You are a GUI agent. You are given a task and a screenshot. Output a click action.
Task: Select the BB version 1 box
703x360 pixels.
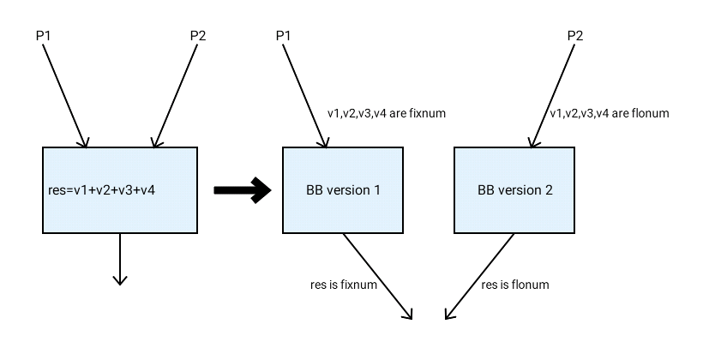point(343,189)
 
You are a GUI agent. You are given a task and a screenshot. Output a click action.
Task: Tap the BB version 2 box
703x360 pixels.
point(514,189)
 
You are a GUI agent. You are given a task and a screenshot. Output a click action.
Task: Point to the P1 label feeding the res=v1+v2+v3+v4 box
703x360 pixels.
point(44,36)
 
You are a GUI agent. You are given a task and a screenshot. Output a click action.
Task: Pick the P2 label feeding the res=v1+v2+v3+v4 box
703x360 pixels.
point(197,36)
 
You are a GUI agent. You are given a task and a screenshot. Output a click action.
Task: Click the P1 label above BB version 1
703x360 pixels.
point(284,36)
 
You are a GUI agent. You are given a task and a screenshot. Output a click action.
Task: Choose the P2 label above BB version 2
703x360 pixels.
point(576,36)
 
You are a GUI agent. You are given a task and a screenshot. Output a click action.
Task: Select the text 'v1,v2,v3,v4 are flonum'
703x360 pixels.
point(609,113)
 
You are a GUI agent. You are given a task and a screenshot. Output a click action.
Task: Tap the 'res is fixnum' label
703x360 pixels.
point(344,285)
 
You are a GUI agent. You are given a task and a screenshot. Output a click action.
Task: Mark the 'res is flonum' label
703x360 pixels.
point(514,285)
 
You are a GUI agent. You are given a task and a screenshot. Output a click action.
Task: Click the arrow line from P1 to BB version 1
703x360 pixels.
point(304,94)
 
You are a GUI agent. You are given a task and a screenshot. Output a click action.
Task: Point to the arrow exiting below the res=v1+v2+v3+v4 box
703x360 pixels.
point(120,257)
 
